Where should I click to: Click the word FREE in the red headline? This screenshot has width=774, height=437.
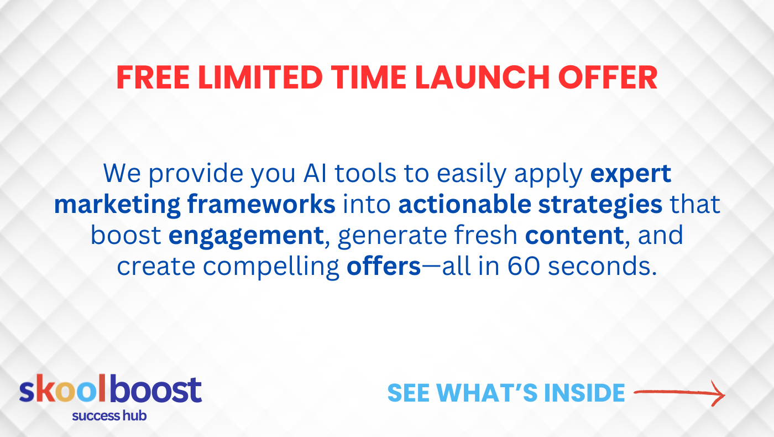(x=153, y=77)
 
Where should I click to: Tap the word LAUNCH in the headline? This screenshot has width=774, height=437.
(x=482, y=77)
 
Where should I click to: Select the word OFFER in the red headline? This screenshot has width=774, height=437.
(x=608, y=77)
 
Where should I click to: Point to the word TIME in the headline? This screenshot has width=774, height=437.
(x=369, y=77)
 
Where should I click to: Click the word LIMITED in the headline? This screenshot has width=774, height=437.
(x=260, y=77)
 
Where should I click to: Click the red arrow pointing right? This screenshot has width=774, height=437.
(x=679, y=393)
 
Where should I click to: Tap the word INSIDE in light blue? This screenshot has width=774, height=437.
(x=584, y=393)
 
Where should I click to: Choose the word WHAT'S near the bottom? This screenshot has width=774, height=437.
(x=487, y=393)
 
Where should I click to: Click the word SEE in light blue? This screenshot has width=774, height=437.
(x=409, y=393)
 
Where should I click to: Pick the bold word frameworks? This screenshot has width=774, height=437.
(x=261, y=204)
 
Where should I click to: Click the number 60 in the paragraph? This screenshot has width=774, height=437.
(x=523, y=266)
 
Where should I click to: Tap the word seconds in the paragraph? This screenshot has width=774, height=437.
(x=602, y=266)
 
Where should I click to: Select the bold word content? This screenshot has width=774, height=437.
(x=574, y=236)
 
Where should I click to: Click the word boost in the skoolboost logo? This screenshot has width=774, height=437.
(x=156, y=389)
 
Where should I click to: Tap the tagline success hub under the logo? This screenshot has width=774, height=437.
(x=109, y=415)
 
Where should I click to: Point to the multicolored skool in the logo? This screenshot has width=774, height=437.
(x=62, y=389)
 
